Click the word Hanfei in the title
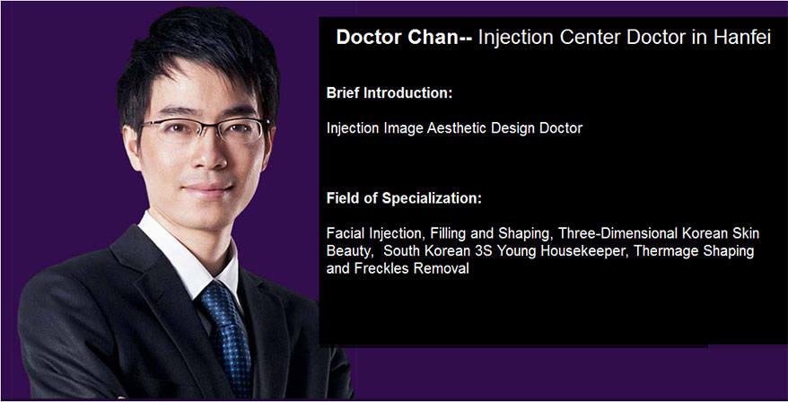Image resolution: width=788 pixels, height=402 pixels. pos(741,37)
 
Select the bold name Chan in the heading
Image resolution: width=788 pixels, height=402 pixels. pos(438,37)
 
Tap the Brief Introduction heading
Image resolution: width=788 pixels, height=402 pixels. pos(390,93)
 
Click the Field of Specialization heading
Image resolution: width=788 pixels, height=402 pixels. pos(404,198)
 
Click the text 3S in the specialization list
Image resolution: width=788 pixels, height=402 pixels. pos(484,250)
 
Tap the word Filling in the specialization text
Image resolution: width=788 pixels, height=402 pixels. pos(448,233)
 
